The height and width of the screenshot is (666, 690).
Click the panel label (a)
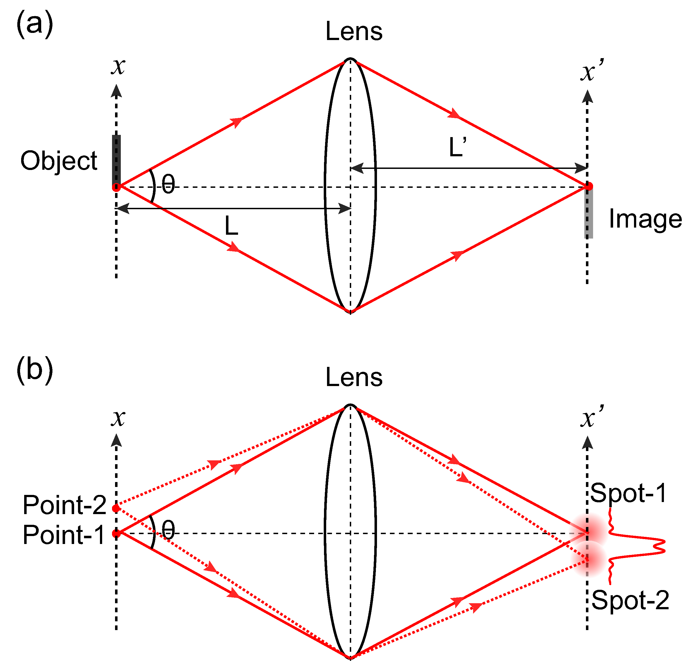pos(35,24)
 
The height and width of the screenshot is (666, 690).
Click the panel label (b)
pos(35,370)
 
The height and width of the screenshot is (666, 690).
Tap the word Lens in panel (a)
pos(354,32)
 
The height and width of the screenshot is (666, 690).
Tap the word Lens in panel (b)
pos(354,378)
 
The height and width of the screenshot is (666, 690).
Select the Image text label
pos(645,219)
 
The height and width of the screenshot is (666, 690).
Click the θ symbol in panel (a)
pos(168,184)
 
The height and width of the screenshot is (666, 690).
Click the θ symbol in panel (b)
pos(168,530)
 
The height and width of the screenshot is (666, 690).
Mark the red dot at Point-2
pos(116,508)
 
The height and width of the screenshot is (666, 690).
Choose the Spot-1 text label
pos(628,493)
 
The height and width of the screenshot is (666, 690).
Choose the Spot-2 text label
pos(630,600)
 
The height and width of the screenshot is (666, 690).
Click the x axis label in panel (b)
pos(118,418)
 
